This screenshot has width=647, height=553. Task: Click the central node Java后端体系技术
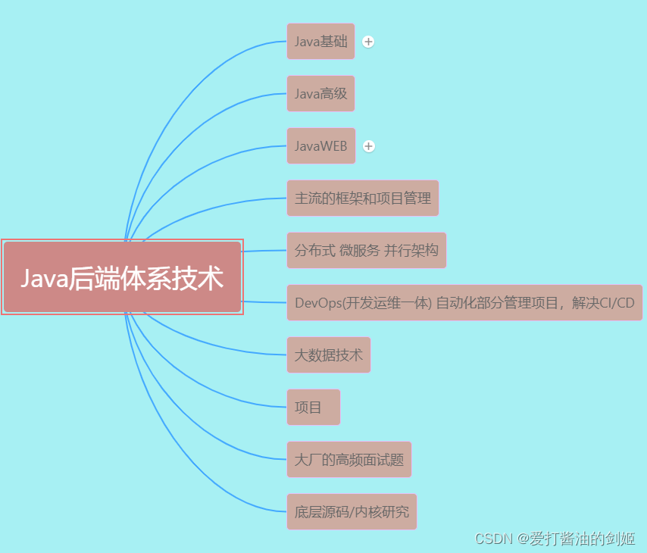tap(122, 277)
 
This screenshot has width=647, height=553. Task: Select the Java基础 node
tap(320, 42)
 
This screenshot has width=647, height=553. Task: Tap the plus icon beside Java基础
tap(368, 42)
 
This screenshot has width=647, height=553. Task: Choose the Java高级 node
tap(320, 94)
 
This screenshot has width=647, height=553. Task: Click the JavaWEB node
tap(320, 146)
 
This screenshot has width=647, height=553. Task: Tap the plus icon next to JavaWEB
tap(369, 146)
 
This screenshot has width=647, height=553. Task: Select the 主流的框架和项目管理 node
tap(362, 198)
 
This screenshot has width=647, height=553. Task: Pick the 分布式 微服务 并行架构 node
tap(366, 251)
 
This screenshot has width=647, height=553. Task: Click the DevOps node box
tap(464, 303)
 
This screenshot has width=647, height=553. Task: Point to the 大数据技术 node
tap(328, 355)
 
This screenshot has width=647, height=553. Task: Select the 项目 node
tap(313, 408)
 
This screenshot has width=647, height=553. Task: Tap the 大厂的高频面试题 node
tap(349, 460)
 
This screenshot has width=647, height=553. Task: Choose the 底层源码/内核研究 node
tap(352, 512)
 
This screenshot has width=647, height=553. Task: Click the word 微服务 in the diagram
tap(359, 251)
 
